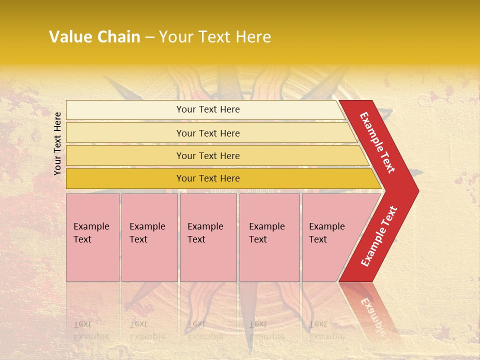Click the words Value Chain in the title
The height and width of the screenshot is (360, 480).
pyautogui.click(x=94, y=37)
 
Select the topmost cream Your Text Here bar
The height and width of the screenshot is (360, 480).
pyautogui.click(x=208, y=109)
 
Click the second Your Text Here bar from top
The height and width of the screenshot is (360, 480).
pyautogui.click(x=208, y=133)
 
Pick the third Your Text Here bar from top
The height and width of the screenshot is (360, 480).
pyautogui.click(x=208, y=155)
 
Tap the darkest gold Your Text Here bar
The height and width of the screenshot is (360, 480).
pyautogui.click(x=208, y=178)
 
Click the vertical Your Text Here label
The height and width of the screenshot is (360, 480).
pyautogui.click(x=57, y=143)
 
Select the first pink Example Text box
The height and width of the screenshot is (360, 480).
pyautogui.click(x=92, y=237)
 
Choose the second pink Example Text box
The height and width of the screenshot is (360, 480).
pyautogui.click(x=149, y=237)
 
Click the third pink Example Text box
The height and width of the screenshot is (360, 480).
pyautogui.click(x=208, y=237)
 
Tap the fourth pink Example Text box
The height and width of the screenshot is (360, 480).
pyautogui.click(x=269, y=237)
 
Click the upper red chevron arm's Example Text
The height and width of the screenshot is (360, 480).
pyautogui.click(x=377, y=142)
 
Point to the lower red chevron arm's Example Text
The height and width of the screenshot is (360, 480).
pyautogui.click(x=379, y=236)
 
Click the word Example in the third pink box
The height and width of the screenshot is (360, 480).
pyautogui.click(x=205, y=226)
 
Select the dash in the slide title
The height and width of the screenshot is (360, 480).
pyautogui.click(x=149, y=37)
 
